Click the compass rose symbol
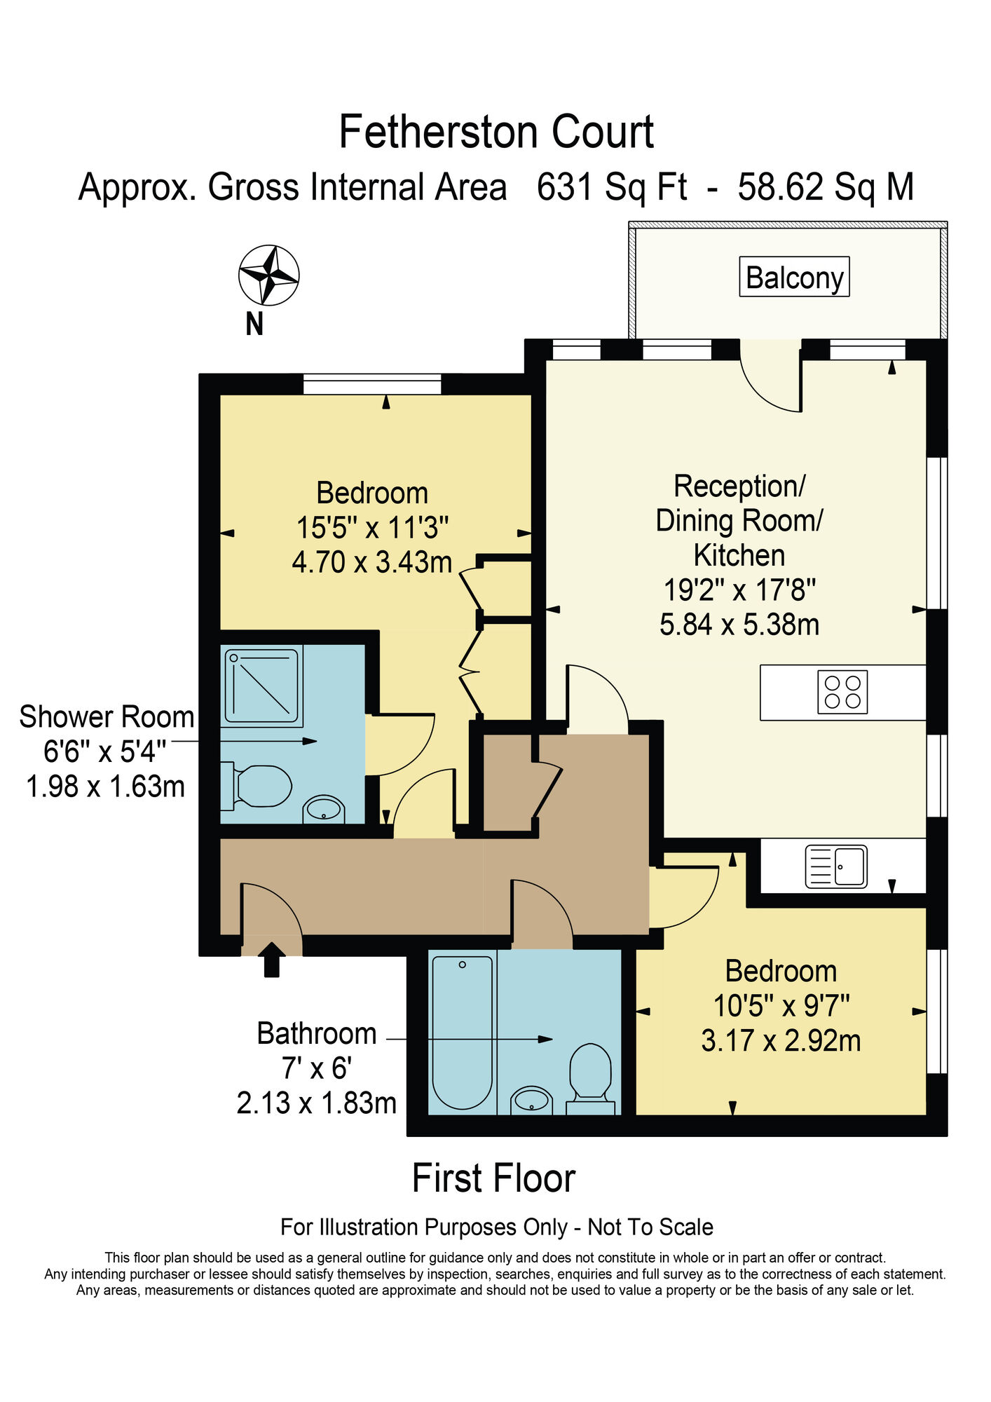pyautogui.click(x=268, y=275)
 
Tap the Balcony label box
pyautogui.click(x=794, y=277)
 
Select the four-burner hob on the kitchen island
pyautogui.click(x=842, y=693)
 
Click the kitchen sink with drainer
pyautogui.click(x=836, y=866)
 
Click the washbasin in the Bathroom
pyautogui.click(x=532, y=1101)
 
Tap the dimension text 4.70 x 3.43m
pyautogui.click(x=371, y=562)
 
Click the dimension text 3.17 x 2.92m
pyautogui.click(x=781, y=1040)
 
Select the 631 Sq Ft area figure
pyautogui.click(x=611, y=188)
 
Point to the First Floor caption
pyautogui.click(x=493, y=1179)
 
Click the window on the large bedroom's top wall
pyautogui.click(x=372, y=384)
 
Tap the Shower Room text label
pyautogui.click(x=107, y=717)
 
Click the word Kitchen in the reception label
pyautogui.click(x=739, y=555)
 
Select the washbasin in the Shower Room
pyautogui.click(x=324, y=810)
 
